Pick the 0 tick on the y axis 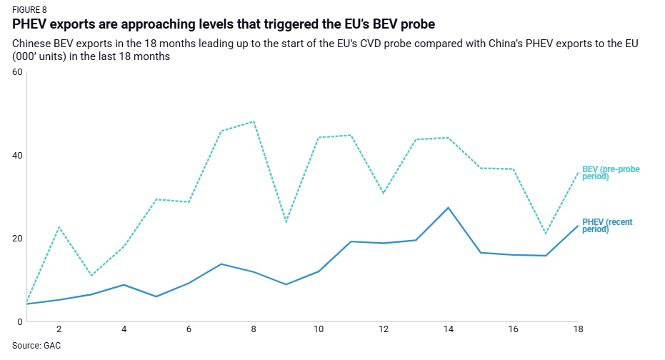[20, 322]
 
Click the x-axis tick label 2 [59, 330]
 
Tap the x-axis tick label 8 [254, 330]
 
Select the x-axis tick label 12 [384, 330]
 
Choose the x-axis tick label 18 [578, 330]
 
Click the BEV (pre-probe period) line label [611, 172]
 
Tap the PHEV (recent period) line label [608, 226]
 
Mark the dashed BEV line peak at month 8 [254, 121]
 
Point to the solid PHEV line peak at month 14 [448, 207]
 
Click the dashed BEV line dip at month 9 [286, 221]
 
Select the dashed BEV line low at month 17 [546, 234]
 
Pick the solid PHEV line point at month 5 [156, 296]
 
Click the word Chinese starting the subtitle [32, 44]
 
